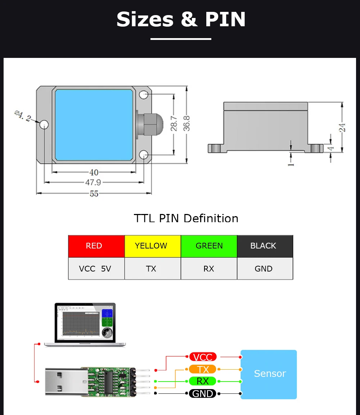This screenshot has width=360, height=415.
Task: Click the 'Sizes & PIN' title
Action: [181, 19]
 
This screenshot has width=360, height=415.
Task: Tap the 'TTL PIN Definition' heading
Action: [186, 218]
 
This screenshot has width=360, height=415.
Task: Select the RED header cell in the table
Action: [96, 246]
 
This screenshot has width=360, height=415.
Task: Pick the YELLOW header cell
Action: [152, 246]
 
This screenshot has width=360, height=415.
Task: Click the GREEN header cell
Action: [209, 246]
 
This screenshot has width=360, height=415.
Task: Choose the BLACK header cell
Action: [265, 246]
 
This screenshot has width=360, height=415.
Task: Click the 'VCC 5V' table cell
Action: [96, 269]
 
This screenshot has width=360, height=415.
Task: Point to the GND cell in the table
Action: [265, 269]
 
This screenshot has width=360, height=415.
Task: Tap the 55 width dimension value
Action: [94, 194]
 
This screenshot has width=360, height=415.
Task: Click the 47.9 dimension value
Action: [93, 183]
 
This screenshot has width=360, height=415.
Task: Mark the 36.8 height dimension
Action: [186, 123]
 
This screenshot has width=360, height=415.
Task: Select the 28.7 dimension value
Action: [174, 123]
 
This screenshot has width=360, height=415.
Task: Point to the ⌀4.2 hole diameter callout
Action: [23, 115]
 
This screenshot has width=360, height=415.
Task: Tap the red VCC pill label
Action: [203, 357]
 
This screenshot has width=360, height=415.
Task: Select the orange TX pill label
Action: [203, 369]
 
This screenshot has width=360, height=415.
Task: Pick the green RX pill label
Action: [203, 381]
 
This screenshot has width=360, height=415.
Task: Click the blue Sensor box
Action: [269, 374]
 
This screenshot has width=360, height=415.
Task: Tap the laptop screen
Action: [85, 322]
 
